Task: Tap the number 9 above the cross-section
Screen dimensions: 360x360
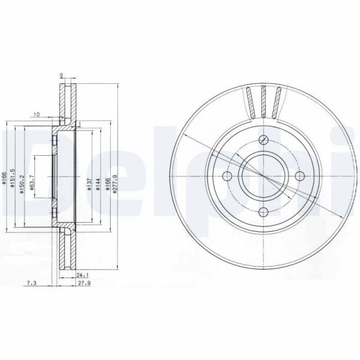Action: click(x=62, y=75)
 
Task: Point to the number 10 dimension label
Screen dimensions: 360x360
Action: click(x=37, y=114)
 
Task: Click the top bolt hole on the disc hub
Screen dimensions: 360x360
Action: click(x=264, y=141)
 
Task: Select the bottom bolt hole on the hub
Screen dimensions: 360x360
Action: click(x=264, y=210)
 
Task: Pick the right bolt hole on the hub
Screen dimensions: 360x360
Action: click(x=298, y=176)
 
